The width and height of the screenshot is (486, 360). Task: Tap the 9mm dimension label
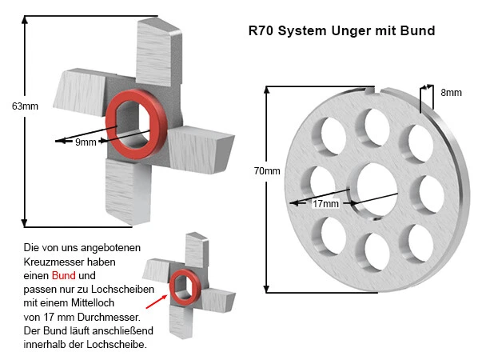86,142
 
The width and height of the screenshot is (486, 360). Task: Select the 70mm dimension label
267,171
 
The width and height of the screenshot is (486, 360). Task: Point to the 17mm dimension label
325,204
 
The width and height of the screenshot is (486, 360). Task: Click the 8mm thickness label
452,93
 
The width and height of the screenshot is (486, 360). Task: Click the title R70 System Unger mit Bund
342,31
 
